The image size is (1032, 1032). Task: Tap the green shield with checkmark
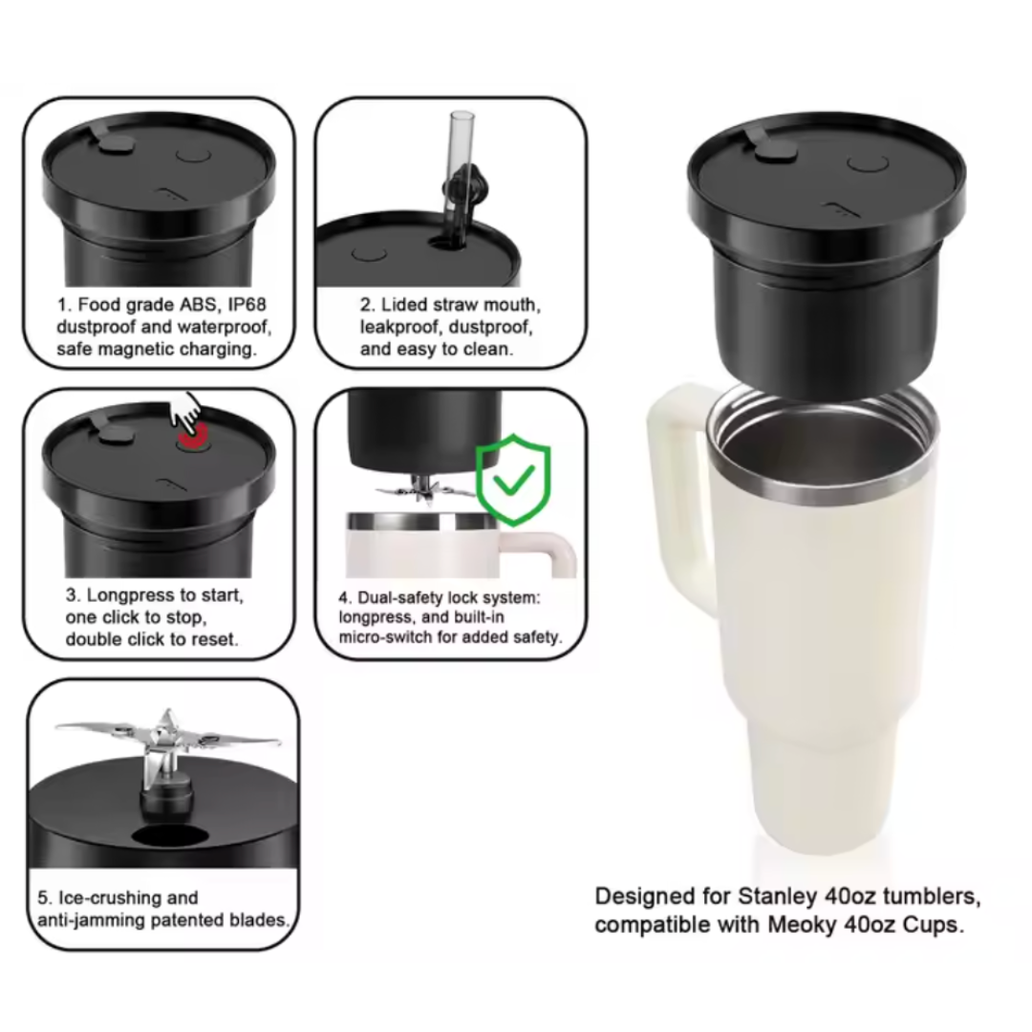[513, 480]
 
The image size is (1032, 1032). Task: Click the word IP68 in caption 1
[247, 305]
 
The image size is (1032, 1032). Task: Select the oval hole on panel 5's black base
[170, 835]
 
